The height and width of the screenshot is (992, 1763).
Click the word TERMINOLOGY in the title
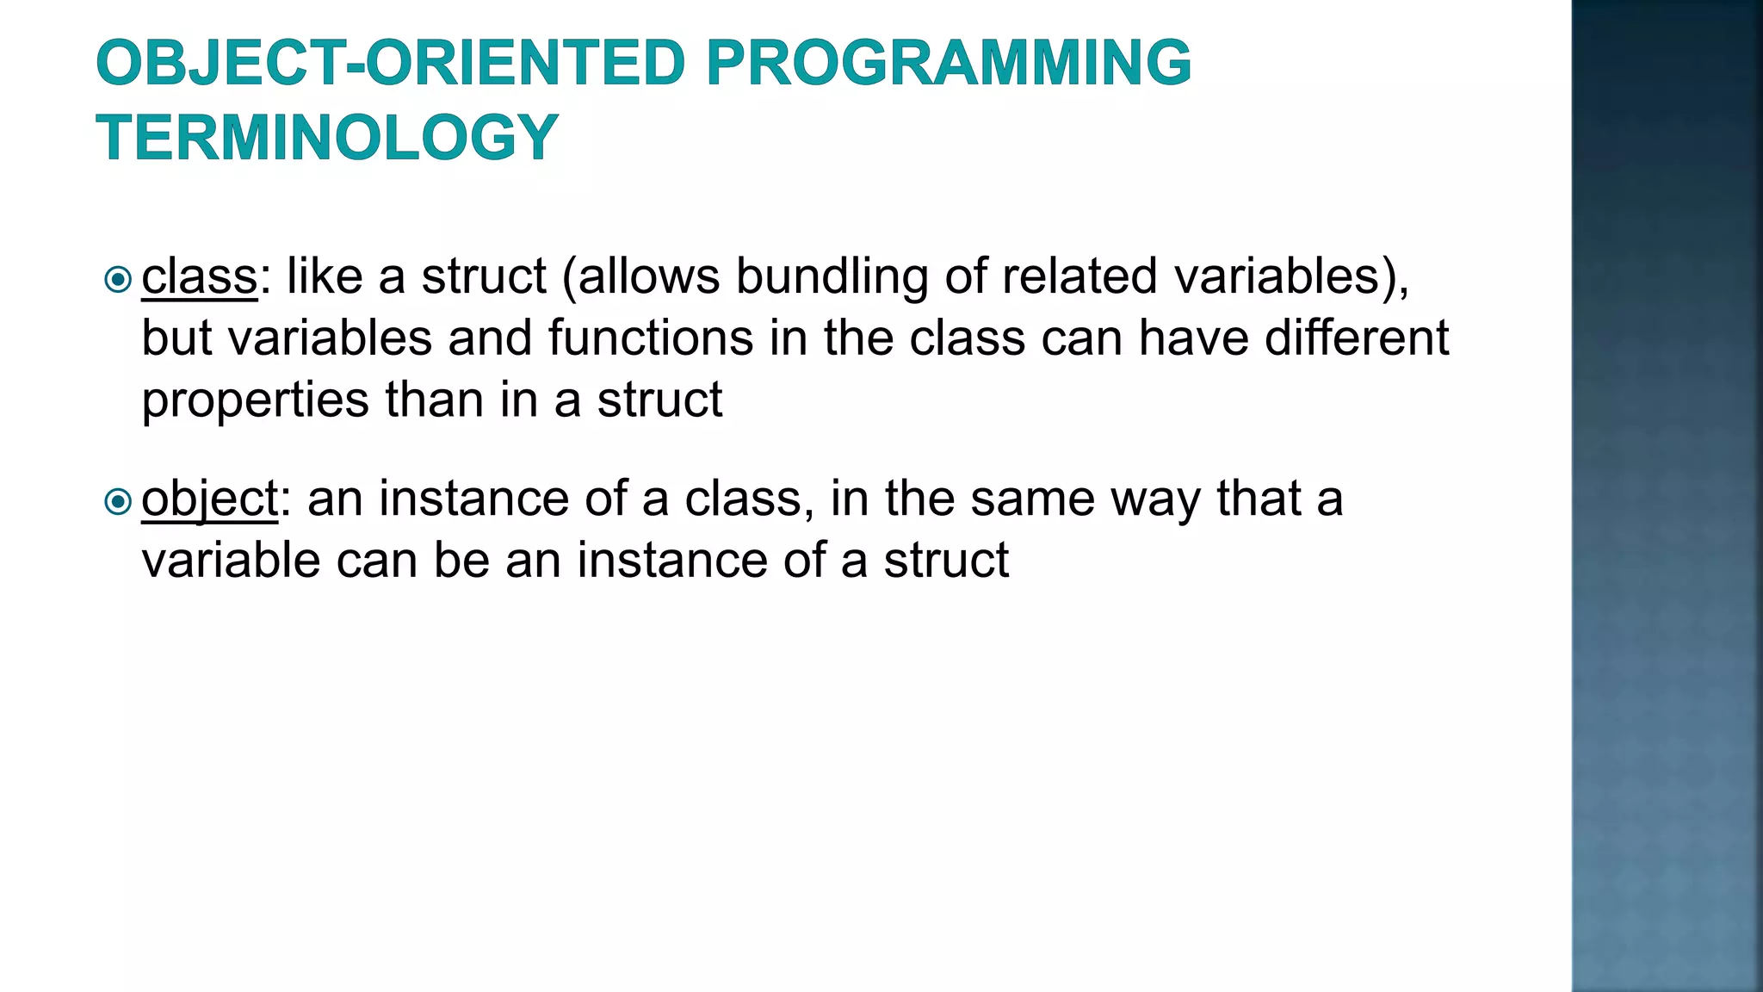327,138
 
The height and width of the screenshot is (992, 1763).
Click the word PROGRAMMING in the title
949,63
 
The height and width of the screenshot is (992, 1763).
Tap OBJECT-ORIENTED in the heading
390,63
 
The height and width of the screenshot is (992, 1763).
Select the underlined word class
200,277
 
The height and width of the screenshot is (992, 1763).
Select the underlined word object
209,499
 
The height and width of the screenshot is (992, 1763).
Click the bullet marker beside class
117,279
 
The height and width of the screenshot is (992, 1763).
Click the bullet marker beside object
117,501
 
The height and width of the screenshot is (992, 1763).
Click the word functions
651,338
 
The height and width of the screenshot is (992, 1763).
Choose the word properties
255,401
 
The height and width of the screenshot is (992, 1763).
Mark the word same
1032,499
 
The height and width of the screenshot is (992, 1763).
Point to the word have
1193,338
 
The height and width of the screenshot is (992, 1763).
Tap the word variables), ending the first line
1291,277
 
